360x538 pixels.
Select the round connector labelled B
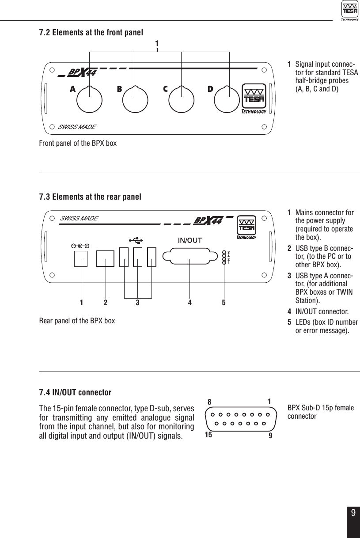tap(136, 100)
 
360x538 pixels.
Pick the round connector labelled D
tap(228, 100)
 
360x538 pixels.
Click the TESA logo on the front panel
tap(254, 99)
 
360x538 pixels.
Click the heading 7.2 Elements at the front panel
tap(91, 33)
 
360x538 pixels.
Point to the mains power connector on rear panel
tap(81, 259)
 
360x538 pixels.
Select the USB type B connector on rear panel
tap(105, 259)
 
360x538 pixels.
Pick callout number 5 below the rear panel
tap(224, 303)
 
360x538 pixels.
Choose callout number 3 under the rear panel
tap(137, 303)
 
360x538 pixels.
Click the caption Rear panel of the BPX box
tap(77, 321)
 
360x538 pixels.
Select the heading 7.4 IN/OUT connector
tap(75, 393)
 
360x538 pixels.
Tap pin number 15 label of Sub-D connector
tap(208, 435)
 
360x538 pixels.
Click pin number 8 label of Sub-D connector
tap(210, 402)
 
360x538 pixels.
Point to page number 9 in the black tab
tap(353, 513)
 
